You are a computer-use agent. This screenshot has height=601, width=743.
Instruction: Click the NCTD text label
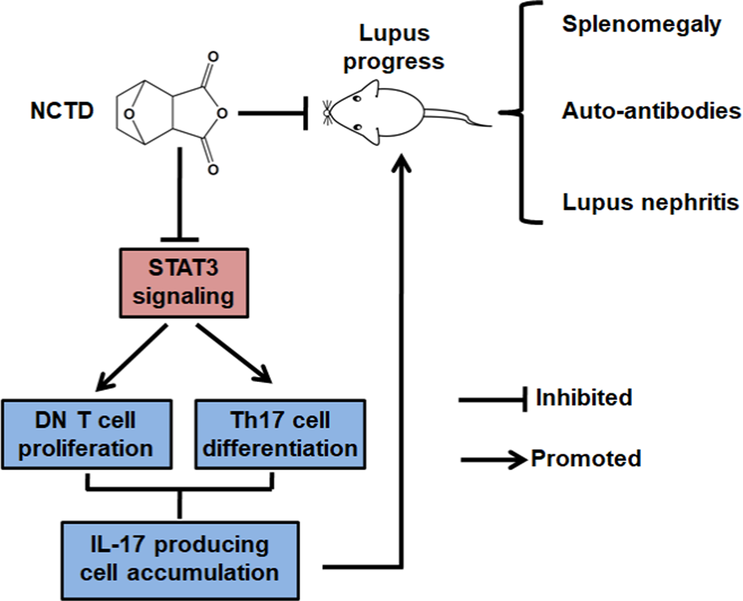click(x=62, y=111)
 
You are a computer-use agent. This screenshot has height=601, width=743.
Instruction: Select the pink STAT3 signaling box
click(x=184, y=283)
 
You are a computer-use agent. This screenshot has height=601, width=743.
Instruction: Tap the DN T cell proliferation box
click(x=87, y=434)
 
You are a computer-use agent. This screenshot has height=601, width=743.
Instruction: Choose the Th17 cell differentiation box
click(x=280, y=434)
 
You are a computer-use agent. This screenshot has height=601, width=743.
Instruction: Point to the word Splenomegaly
click(x=641, y=25)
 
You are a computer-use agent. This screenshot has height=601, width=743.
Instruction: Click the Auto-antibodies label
click(x=651, y=111)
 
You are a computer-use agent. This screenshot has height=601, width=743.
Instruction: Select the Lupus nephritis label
click(x=650, y=202)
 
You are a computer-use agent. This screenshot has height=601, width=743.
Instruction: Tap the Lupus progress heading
click(x=394, y=47)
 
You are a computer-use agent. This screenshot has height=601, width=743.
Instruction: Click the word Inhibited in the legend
click(x=584, y=398)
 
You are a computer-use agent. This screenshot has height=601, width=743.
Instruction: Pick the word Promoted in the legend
click(x=586, y=459)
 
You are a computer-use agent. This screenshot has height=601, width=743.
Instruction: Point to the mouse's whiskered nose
click(x=327, y=112)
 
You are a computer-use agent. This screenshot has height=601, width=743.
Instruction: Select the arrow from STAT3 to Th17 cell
click(x=234, y=354)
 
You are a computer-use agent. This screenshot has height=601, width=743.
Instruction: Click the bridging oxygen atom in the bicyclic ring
click(x=129, y=114)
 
